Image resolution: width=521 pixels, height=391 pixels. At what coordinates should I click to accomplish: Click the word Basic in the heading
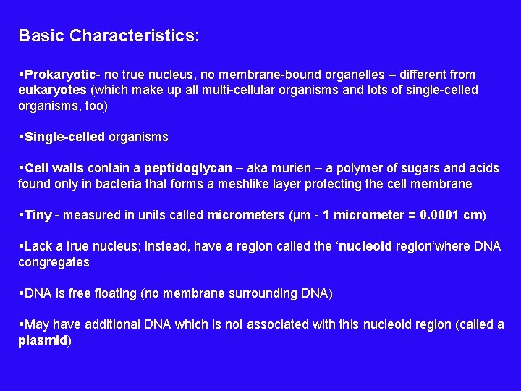(41, 35)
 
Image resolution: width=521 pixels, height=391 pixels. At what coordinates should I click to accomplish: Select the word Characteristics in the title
(135, 35)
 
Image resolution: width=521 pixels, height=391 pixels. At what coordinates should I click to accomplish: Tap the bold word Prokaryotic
(62, 75)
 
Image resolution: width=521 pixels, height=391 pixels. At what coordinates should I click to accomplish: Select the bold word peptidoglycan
(183, 168)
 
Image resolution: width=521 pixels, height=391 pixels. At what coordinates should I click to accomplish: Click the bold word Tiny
(38, 215)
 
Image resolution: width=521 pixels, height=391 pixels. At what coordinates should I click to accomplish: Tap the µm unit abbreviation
(297, 215)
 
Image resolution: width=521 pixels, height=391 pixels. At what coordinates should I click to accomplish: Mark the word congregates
(54, 262)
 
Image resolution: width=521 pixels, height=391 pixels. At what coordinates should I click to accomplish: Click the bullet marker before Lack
(21, 246)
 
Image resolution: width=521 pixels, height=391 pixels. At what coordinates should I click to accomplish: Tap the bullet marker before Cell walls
(21, 168)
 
